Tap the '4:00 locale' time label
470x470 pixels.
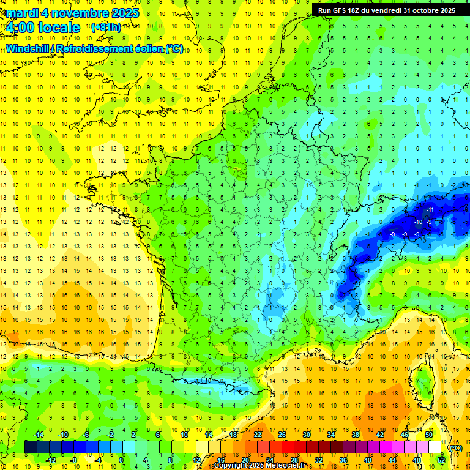[x=42, y=28]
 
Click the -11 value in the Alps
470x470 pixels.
[x=430, y=210]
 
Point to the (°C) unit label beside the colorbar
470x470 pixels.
[x=455, y=448]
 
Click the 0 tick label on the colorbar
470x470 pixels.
[x=121, y=460]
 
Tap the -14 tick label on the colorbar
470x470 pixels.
[x=40, y=435]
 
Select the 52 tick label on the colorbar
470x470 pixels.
[x=441, y=460]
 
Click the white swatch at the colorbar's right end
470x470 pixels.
[x=435, y=447]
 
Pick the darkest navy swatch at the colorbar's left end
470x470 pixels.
[x=31, y=447]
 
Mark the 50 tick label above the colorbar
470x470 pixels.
[x=429, y=435]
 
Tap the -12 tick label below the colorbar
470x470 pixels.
[x=51, y=460]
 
